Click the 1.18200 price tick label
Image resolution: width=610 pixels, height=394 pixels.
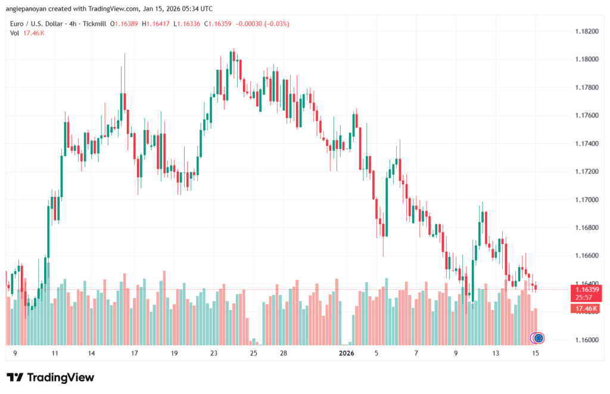tap(586, 31)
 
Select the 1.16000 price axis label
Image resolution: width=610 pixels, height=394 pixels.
tap(586, 340)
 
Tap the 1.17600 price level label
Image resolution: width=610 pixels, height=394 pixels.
tap(586, 115)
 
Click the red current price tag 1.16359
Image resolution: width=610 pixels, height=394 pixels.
tap(586, 289)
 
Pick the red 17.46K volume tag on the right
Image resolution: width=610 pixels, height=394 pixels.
tap(585, 308)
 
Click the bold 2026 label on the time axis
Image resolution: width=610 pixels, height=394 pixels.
tap(347, 353)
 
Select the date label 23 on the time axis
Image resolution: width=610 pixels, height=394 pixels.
tap(214, 353)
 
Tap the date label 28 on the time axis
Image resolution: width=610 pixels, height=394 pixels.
tap(284, 353)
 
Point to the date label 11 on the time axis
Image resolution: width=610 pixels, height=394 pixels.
tap(55, 353)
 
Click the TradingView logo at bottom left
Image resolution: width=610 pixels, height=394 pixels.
tap(50, 377)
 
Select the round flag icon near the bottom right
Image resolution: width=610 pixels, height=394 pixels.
tap(539, 338)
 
